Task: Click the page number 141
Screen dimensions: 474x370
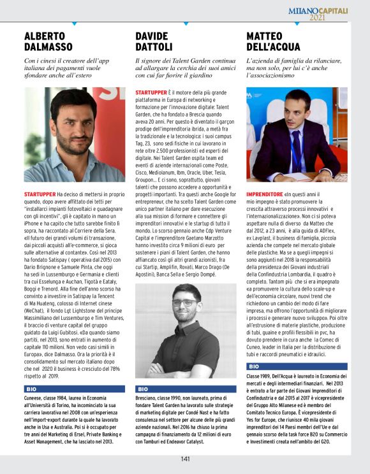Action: point(185,458)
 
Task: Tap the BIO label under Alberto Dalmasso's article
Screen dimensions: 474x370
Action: point(31,388)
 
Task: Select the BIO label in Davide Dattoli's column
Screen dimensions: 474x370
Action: point(143,388)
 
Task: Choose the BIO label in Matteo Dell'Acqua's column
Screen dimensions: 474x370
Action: point(254,367)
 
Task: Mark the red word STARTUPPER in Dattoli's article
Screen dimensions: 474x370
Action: point(151,92)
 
